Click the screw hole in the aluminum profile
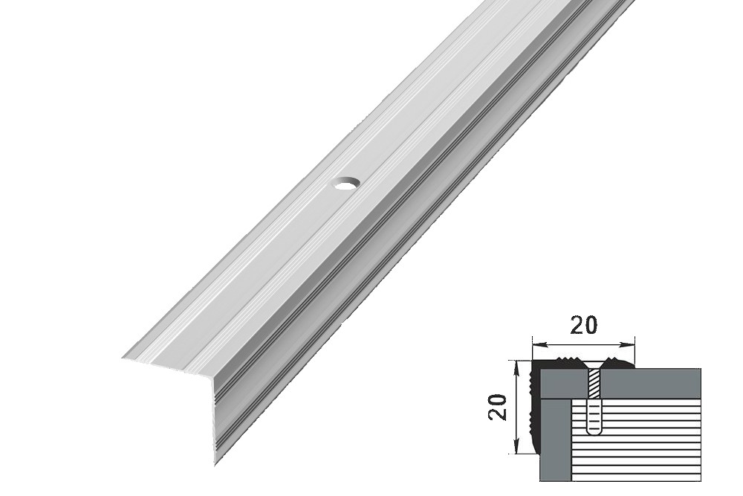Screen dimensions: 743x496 coord(346,183)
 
